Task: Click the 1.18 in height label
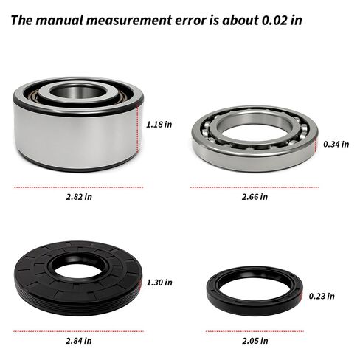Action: coord(159,125)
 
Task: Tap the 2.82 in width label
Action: coord(79,197)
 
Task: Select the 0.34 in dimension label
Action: coord(336,144)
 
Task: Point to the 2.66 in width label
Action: coord(255,197)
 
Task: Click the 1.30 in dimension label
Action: coord(159,283)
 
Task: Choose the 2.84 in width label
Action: coord(79,341)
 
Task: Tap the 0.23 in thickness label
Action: coord(322,296)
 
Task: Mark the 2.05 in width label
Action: coord(255,341)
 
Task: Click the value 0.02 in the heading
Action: coord(274,20)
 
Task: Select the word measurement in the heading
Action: coord(129,20)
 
